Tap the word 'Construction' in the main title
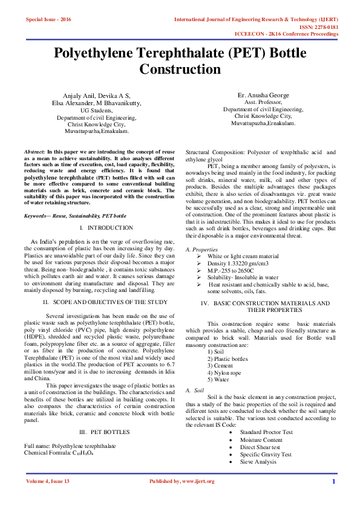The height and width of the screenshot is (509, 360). point(180,70)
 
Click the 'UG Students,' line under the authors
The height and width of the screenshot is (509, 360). point(97,111)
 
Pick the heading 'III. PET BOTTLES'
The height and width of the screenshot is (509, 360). point(97,432)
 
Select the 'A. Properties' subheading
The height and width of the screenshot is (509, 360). point(197,250)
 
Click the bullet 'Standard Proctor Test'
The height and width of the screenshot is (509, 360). point(249,432)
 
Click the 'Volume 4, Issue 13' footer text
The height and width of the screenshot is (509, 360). point(48,498)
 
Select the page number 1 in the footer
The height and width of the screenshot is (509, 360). point(333,498)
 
